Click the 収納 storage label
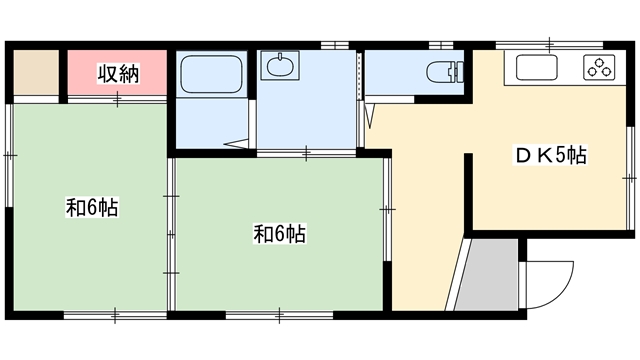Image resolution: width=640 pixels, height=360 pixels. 118,74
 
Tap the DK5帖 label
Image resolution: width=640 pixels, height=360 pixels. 550,155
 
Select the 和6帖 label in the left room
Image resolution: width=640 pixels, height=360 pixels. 92,207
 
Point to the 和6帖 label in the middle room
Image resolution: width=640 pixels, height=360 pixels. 280,234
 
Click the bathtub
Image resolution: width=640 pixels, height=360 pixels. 211,74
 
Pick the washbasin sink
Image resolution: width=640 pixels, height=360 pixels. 280,65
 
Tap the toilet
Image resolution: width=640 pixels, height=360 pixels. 445,72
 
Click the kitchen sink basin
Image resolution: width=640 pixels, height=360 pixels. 537,67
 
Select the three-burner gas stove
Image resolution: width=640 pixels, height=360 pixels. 599,67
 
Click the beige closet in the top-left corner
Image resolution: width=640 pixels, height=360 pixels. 36,73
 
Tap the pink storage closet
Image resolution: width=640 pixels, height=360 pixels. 117,73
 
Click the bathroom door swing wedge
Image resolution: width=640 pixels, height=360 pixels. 236,144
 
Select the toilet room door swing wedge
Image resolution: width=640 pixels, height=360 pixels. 369,116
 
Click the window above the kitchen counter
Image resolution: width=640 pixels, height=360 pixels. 550,45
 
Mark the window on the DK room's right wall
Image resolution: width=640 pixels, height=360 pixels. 631,178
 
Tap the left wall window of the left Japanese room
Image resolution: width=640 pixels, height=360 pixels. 9,155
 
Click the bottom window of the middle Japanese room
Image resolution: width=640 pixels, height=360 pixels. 279,315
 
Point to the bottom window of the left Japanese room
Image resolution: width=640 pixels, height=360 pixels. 116,315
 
